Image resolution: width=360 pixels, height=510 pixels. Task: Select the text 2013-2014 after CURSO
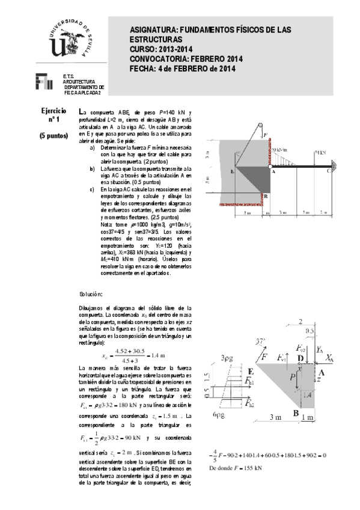pos(176,49)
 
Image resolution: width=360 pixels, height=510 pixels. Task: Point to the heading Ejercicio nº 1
pos(53,116)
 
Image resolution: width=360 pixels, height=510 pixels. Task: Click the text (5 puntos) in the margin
pos(53,136)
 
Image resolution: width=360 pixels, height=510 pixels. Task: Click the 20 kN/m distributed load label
pos(278,150)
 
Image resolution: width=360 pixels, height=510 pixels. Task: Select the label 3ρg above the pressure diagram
pos(227,358)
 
